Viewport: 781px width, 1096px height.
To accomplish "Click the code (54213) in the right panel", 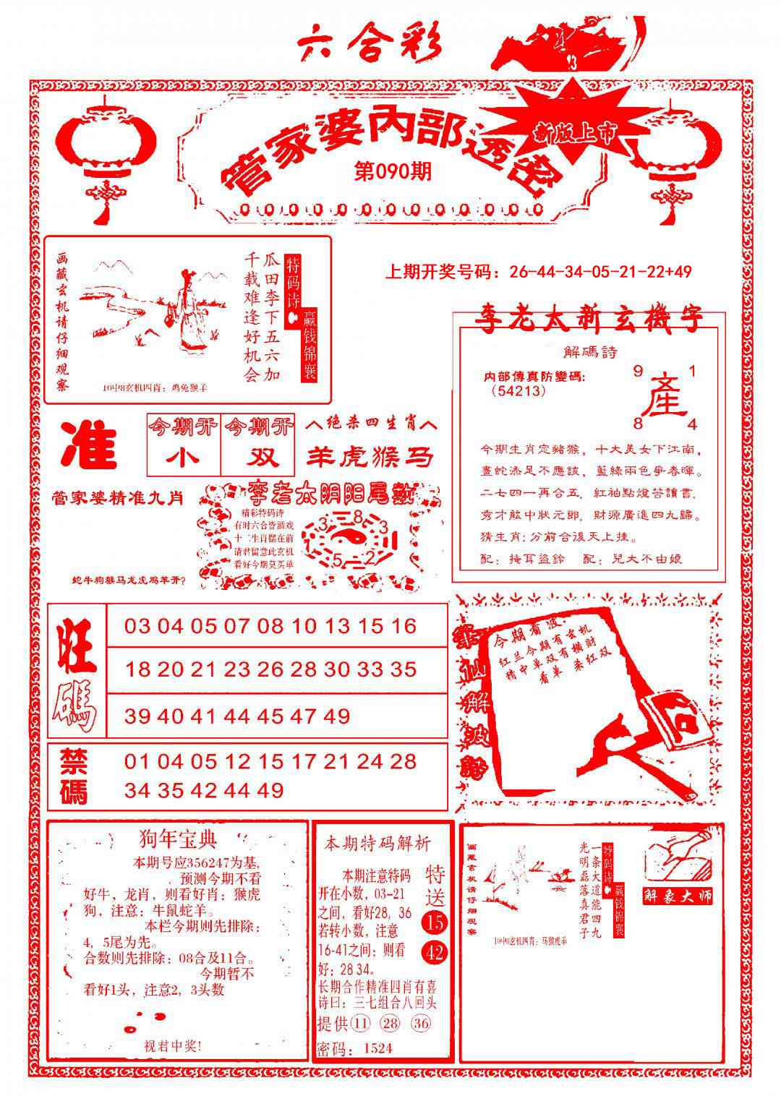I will [x=517, y=390].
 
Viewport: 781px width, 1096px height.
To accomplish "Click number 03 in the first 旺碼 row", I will [x=137, y=626].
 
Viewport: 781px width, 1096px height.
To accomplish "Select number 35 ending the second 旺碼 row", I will [x=402, y=669].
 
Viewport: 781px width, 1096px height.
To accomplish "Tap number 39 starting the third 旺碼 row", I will [x=137, y=716].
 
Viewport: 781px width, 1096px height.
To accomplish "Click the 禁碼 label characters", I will [x=74, y=777].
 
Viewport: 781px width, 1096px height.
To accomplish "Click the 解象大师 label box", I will [x=678, y=895].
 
